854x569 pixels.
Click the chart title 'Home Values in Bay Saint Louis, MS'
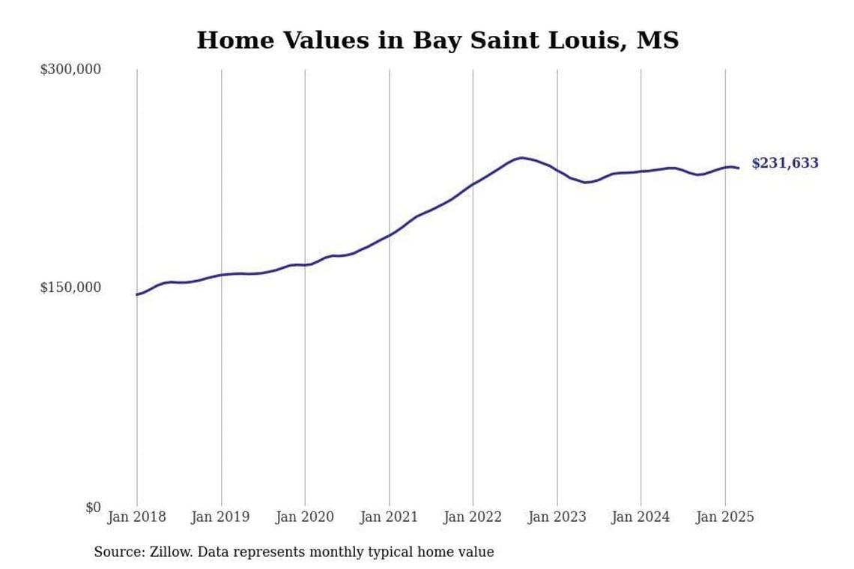pos(437,40)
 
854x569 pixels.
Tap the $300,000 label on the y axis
pos(70,70)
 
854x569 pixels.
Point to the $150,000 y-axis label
pos(70,287)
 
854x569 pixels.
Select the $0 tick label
pos(92,508)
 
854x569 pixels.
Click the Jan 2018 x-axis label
pos(137,517)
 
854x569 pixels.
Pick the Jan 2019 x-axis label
pos(221,517)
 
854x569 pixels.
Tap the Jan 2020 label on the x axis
pos(305,517)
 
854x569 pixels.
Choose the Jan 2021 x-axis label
pos(389,517)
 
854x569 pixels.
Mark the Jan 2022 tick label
pos(473,517)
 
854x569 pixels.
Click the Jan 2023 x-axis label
pos(557,517)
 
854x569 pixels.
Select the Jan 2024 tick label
pos(640,517)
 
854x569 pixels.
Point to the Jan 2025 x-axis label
pos(724,517)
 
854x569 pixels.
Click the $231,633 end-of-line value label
pos(785,163)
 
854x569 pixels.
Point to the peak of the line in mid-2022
pos(521,158)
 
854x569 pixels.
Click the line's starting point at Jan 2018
pos(137,294)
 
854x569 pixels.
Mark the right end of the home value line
pos(739,168)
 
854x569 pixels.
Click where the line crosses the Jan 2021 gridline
pos(389,235)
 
